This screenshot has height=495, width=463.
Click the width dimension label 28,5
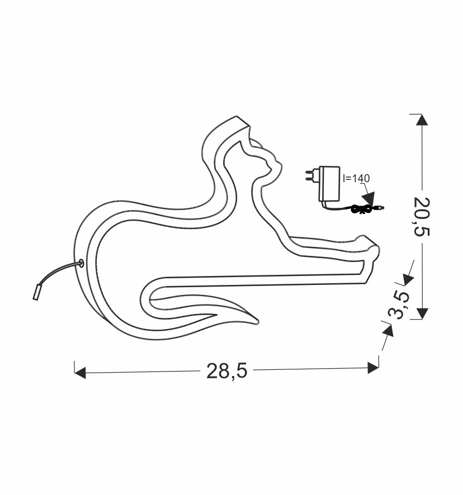pyautogui.click(x=226, y=370)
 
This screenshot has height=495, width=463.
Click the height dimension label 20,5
pyautogui.click(x=422, y=217)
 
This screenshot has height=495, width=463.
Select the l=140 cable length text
pyautogui.click(x=356, y=178)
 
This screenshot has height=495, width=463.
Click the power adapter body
pyautogui.click(x=329, y=184)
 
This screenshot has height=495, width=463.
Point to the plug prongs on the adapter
pyautogui.click(x=311, y=176)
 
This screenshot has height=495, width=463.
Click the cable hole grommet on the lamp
pyautogui.click(x=81, y=263)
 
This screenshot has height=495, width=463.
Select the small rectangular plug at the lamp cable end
pyautogui.click(x=36, y=292)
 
